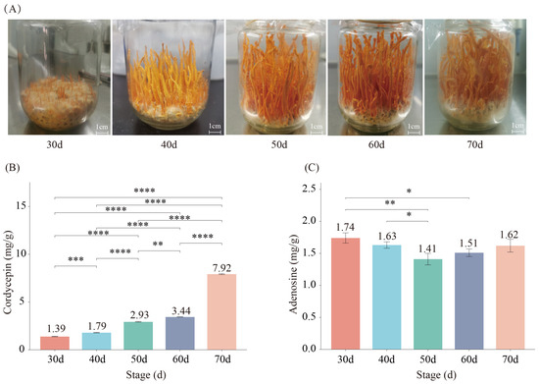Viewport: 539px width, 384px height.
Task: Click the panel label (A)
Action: tap(14, 8)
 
